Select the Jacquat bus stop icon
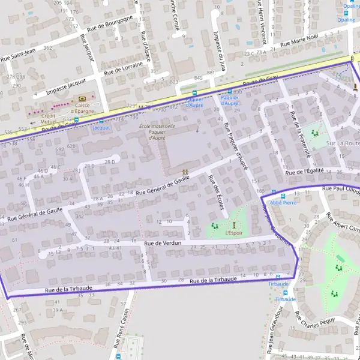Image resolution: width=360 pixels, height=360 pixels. (x=101, y=121)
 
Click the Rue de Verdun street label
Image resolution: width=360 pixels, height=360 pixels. (x=163, y=243)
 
